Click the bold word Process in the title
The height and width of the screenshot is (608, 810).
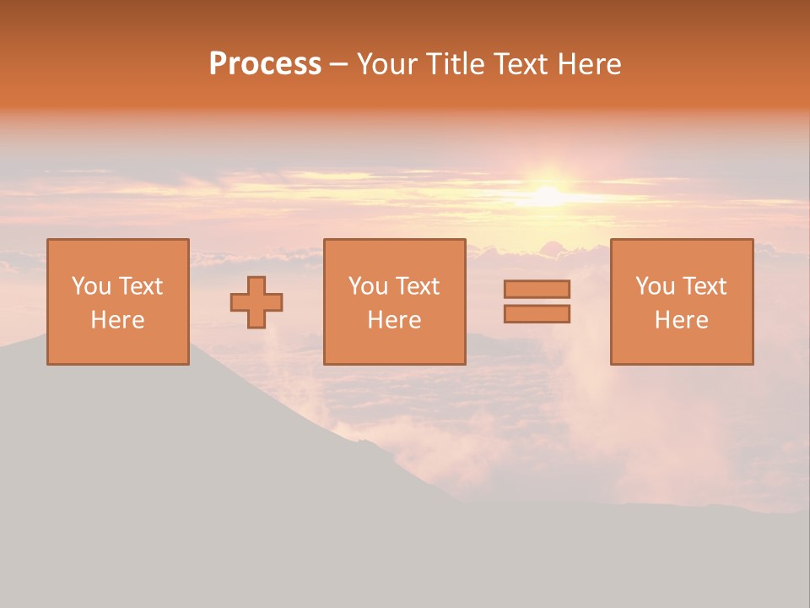click(x=265, y=64)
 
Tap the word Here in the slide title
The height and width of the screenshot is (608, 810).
click(x=590, y=64)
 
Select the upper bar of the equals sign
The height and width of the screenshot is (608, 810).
click(x=537, y=289)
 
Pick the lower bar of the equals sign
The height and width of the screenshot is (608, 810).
click(x=537, y=314)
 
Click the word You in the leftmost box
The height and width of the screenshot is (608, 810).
click(x=91, y=286)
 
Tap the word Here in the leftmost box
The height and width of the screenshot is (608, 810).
click(x=117, y=320)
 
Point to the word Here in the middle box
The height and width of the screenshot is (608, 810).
click(x=394, y=320)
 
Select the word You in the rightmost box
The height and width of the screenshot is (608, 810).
click(x=655, y=286)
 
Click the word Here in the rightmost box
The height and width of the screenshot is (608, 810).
click(x=681, y=320)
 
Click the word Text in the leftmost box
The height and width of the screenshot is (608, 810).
click(x=140, y=286)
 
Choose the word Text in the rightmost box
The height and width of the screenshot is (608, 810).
click(x=704, y=286)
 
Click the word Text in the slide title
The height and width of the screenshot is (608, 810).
click(x=521, y=64)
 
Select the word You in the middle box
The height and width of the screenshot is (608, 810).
click(x=368, y=286)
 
